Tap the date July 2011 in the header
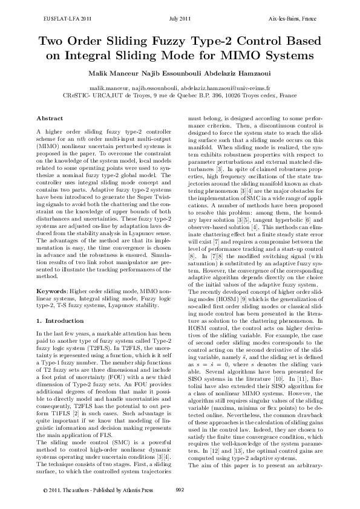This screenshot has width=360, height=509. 180,19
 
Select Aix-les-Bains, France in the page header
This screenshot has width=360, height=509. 293,19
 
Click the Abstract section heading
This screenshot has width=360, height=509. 50,117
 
